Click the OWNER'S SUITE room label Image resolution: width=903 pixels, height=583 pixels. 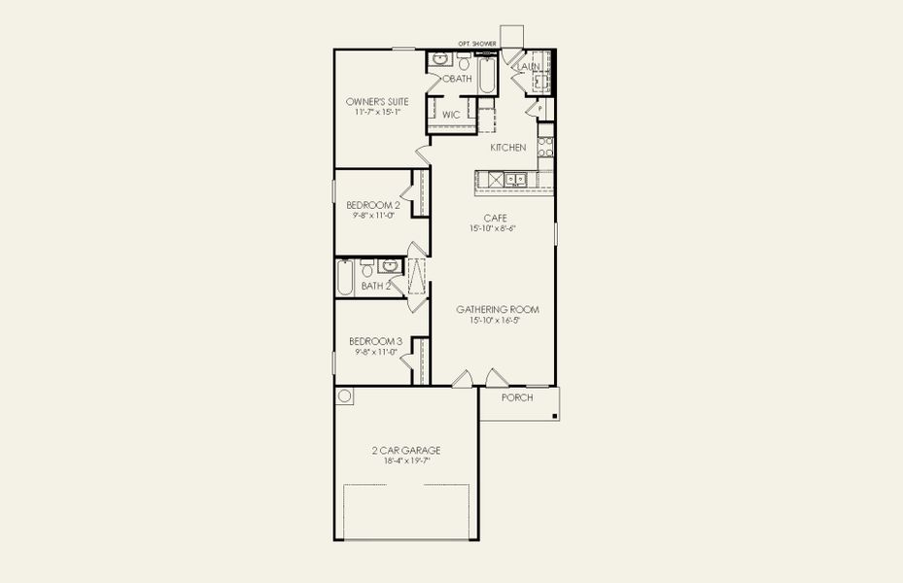pos(377,101)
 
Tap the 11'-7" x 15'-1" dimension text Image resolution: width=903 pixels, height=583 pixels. pos(377,112)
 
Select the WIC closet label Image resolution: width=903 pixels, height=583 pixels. pos(451,115)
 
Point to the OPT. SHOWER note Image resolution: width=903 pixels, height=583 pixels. pos(477,44)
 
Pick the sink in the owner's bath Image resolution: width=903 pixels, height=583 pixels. pos(438,60)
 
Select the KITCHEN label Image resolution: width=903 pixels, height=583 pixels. pos(508,148)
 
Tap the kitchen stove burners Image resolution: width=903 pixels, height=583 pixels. pos(545,146)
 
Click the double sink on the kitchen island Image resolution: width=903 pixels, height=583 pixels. pos(515,179)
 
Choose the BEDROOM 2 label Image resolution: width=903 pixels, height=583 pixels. pos(373,205)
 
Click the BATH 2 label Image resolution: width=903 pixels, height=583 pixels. pos(376,287)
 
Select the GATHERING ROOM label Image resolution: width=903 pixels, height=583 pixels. pos(498,310)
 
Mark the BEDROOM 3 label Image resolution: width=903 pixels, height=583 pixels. pos(375,341)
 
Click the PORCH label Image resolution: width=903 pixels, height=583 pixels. pos(517,397)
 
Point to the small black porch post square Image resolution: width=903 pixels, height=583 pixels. pos(554,417)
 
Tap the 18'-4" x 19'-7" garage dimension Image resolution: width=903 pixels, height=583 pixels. pos(406,461)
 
